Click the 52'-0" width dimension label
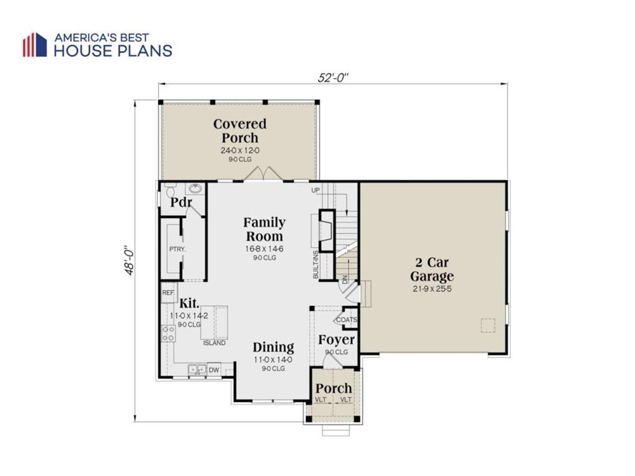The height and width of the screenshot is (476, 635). click(332, 77)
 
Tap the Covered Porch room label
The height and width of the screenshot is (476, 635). click(240, 131)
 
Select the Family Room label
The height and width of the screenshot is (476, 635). click(264, 229)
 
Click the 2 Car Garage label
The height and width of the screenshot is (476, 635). click(432, 269)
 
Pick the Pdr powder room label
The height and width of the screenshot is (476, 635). click(180, 201)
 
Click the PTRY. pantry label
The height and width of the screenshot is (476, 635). click(177, 249)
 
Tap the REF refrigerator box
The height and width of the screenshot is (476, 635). click(169, 293)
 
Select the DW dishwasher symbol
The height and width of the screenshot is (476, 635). click(214, 369)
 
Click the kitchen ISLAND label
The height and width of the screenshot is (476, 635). click(214, 343)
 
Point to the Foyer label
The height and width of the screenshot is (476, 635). click(336, 340)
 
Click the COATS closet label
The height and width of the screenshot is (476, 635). click(347, 320)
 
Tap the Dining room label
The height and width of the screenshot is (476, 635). click(273, 347)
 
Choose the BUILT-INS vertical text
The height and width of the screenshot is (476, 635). click(316, 264)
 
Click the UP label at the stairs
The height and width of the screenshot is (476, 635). click(316, 190)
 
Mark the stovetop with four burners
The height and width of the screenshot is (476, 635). click(169, 333)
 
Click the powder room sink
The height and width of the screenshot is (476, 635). click(196, 188)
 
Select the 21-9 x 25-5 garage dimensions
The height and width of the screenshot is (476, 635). click(432, 289)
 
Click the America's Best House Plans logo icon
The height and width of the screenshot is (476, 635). click(35, 45)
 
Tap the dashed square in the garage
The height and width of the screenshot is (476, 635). click(488, 326)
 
